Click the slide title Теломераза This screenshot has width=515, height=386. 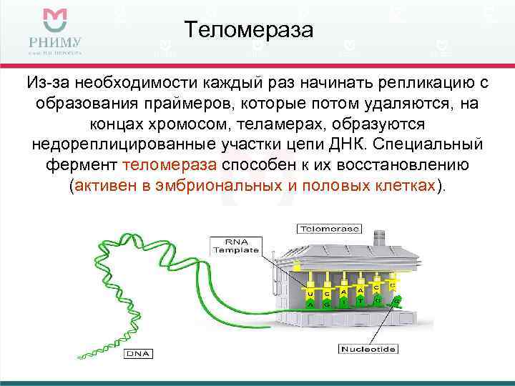(x=249, y=31)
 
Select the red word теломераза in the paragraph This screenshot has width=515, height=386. (x=170, y=165)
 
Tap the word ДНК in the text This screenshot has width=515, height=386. (x=376, y=144)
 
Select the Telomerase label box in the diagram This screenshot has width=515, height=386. (x=329, y=229)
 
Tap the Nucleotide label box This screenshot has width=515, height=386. (x=368, y=350)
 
